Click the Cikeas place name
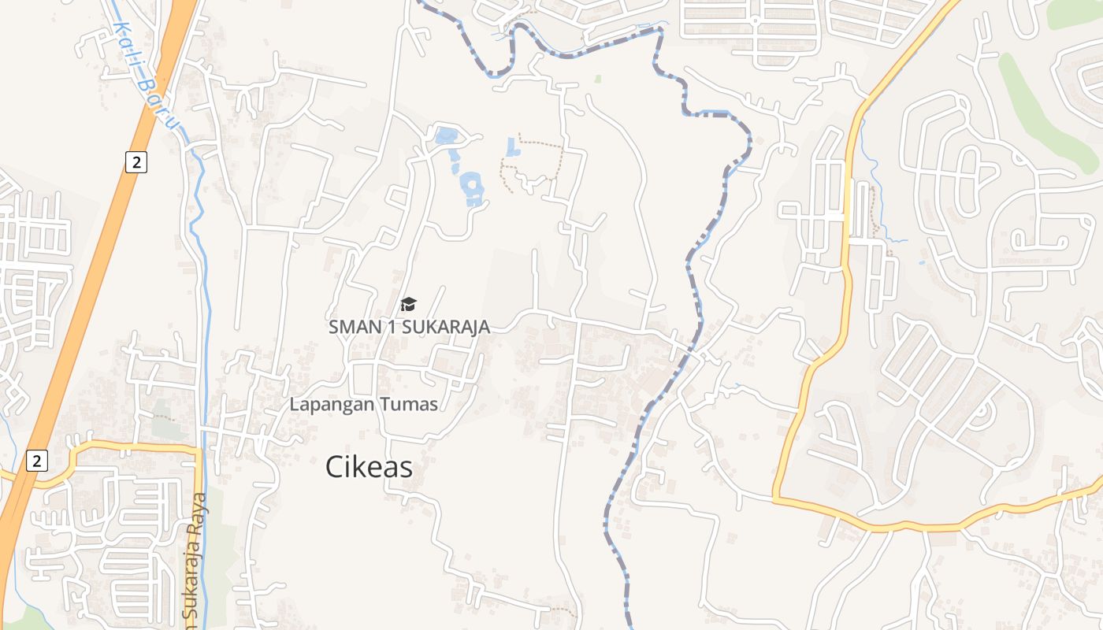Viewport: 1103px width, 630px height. click(x=369, y=467)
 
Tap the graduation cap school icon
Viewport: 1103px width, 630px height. click(x=408, y=304)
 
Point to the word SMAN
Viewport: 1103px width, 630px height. click(x=351, y=327)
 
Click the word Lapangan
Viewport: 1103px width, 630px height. click(x=326, y=405)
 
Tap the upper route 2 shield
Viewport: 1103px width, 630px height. click(x=136, y=162)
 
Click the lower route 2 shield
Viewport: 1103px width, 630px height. click(x=36, y=461)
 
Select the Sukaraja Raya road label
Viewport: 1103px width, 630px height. click(x=194, y=555)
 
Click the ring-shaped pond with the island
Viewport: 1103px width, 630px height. click(x=473, y=187)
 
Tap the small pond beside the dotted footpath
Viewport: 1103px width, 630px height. click(x=513, y=146)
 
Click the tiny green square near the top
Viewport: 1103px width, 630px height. click(x=598, y=79)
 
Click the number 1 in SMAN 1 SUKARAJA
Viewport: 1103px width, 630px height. click(x=392, y=327)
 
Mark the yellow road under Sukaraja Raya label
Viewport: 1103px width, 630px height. click(x=199, y=504)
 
